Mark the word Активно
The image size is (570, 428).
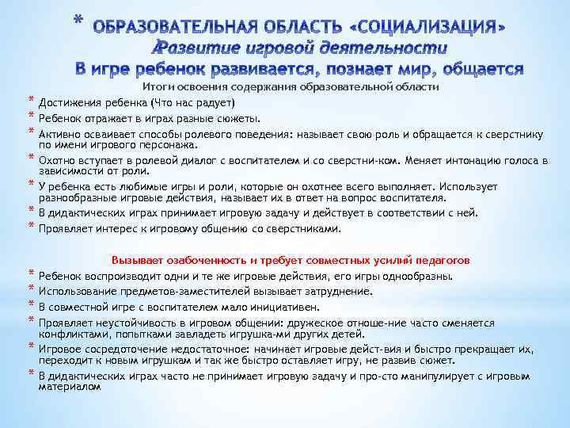pyautogui.click(x=59, y=134)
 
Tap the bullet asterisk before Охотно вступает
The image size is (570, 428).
pyautogui.click(x=31, y=159)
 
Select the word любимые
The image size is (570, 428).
pyautogui.click(x=158, y=186)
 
